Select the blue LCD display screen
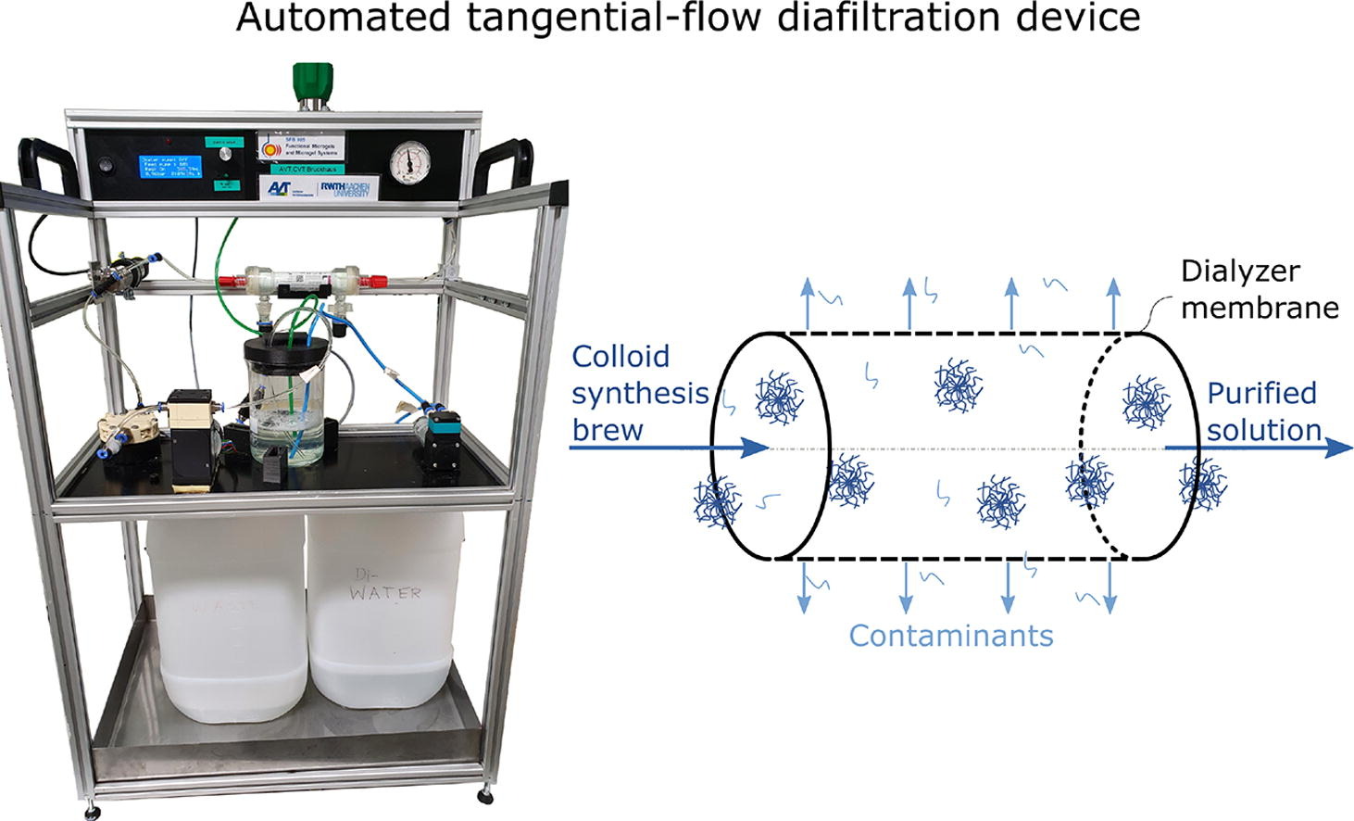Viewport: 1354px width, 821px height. click(169, 169)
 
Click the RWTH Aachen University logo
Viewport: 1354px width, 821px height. click(344, 189)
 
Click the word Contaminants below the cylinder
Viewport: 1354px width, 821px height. click(951, 636)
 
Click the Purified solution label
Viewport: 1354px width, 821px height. click(1262, 410)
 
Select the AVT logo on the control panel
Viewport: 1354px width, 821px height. click(279, 189)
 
